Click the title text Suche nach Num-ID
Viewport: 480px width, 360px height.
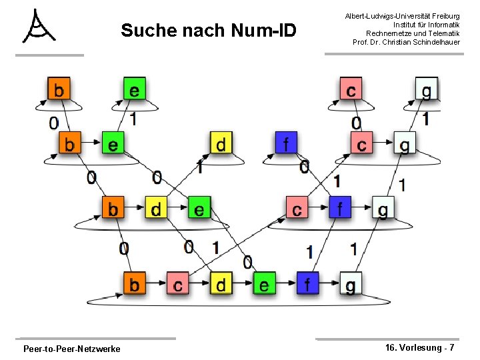208,31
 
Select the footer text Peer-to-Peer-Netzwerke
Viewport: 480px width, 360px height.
71,349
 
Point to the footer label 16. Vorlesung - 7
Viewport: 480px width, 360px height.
420,348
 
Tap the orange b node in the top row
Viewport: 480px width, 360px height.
59,89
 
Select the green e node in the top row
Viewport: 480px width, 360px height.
134,89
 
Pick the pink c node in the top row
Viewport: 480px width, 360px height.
351,89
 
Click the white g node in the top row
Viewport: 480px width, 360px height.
426,89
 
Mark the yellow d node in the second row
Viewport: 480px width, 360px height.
221,143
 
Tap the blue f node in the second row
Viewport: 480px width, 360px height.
286,143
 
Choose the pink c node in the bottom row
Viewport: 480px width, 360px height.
177,285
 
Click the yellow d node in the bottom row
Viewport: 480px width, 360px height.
221,285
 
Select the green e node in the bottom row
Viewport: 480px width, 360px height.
264,285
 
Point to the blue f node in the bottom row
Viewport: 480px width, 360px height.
307,285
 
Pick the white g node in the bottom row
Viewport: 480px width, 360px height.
351,285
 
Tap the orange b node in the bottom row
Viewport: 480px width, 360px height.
134,285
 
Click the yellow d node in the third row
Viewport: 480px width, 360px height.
156,209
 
